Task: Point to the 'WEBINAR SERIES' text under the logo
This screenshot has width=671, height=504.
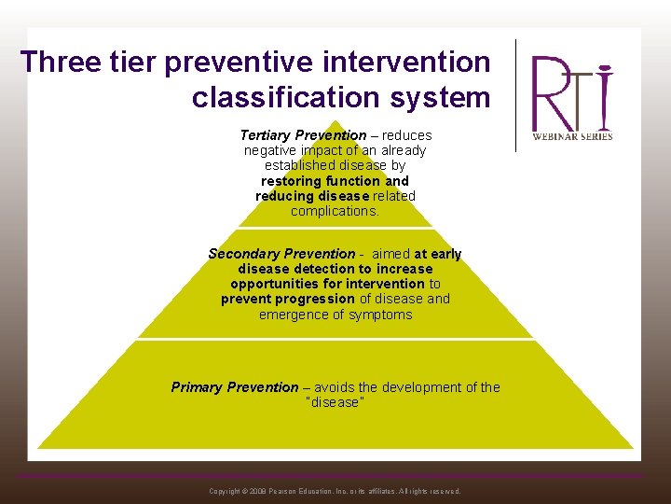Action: [x=571, y=136]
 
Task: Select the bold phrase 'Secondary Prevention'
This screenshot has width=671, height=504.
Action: [x=281, y=254]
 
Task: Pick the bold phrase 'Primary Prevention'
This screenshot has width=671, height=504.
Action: [x=235, y=387]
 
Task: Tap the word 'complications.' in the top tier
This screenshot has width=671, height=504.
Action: [x=335, y=211]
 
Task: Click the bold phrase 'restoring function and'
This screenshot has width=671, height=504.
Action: [x=335, y=181]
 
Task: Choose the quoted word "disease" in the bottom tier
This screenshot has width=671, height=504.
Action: [x=335, y=402]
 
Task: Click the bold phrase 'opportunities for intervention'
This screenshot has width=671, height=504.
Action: [x=327, y=284]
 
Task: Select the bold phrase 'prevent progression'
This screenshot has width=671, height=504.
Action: [x=288, y=299]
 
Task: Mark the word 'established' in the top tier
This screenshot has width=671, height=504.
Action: [x=300, y=165]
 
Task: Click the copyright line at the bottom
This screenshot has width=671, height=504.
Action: [x=335, y=491]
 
